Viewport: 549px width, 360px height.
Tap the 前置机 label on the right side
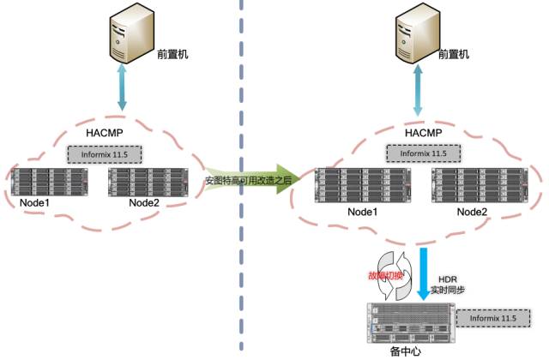pyautogui.click(x=454, y=53)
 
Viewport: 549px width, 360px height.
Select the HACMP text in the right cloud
pyautogui.click(x=423, y=134)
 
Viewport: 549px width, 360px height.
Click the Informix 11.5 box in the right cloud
pyautogui.click(x=423, y=154)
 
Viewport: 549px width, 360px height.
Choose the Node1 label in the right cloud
pyautogui.click(x=362, y=212)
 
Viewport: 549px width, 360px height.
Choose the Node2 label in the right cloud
pyautogui.click(x=472, y=212)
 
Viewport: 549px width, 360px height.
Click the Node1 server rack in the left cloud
pyautogui.click(x=51, y=182)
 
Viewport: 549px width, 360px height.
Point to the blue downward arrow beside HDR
pyautogui.click(x=426, y=273)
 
